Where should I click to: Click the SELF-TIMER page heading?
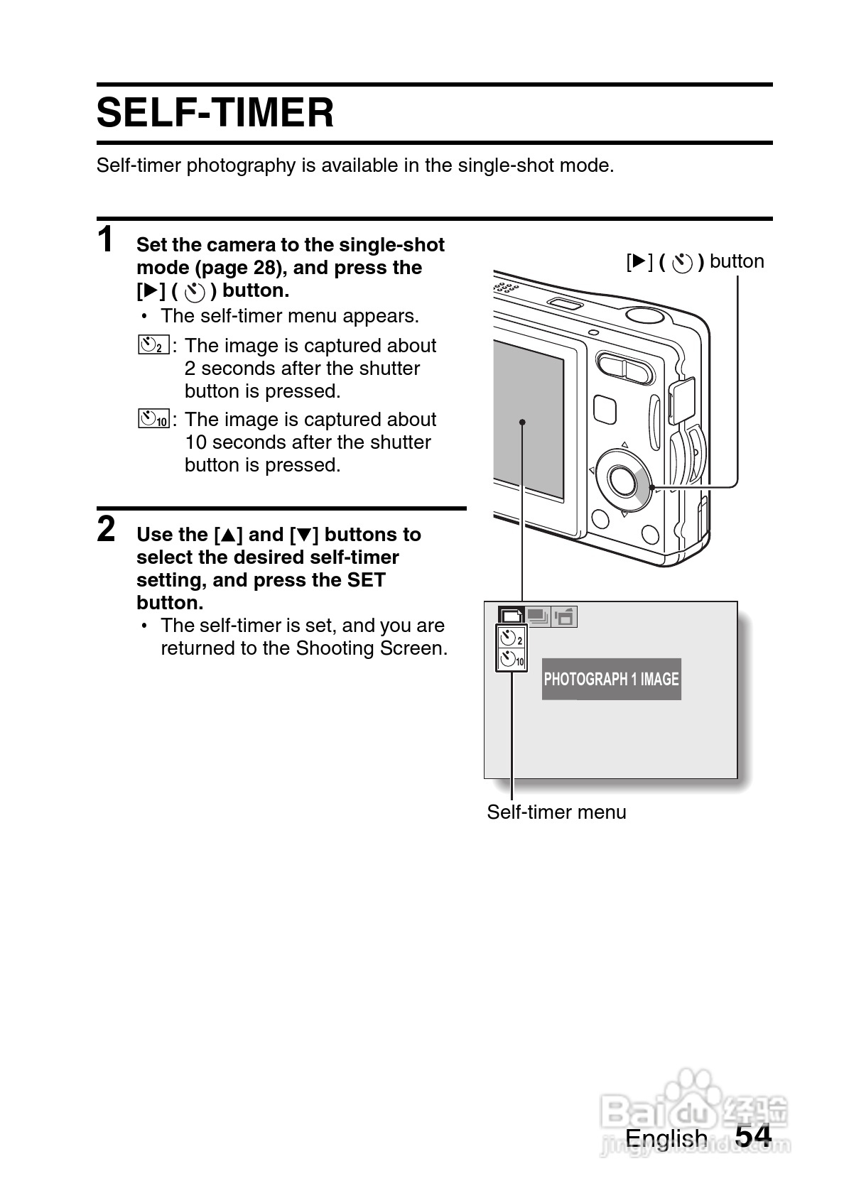pos(215,114)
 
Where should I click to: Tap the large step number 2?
pos(106,529)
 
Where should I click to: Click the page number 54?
pos(753,1135)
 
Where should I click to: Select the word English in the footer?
pos(666,1138)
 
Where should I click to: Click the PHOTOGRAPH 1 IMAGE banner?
pos(611,679)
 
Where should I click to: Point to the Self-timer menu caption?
pos(556,812)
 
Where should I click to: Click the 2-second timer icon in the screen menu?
pos(511,638)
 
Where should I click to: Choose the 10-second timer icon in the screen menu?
pos(512,660)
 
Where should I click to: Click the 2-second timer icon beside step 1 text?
pos(153,346)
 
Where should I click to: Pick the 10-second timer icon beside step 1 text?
pos(154,419)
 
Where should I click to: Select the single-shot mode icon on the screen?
pos(512,616)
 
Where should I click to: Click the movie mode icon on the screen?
pos(565,616)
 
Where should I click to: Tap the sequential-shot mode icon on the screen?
pos(539,616)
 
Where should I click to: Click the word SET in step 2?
pos(366,580)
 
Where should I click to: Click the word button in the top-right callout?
pos(737,261)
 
